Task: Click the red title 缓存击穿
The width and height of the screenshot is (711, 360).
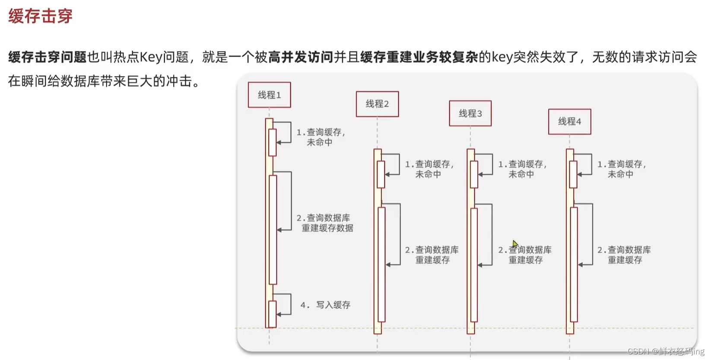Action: point(40,16)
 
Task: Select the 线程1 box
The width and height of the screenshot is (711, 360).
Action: point(269,95)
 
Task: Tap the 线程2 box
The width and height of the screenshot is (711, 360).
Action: point(377,104)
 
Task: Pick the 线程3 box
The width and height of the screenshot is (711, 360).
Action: point(470,114)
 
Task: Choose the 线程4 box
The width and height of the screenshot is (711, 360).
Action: point(569,122)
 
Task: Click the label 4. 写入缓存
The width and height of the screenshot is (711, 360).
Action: point(325,305)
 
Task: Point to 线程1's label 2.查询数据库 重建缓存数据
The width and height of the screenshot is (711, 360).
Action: point(325,223)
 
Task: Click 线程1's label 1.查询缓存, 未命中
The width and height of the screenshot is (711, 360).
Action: point(321,137)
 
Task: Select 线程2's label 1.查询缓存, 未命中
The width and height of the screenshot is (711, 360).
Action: point(429,169)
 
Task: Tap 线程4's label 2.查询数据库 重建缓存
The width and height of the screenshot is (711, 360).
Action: point(624,255)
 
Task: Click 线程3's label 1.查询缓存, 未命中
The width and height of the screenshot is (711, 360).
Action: point(522,169)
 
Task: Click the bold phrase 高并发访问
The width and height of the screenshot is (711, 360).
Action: point(301,57)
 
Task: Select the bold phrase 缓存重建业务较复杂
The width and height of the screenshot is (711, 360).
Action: point(419,57)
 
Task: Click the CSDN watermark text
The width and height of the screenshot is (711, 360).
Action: point(665,351)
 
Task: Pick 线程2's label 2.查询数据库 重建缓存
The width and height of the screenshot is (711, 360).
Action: point(432,255)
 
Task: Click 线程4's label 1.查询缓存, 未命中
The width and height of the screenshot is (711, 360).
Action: point(622,169)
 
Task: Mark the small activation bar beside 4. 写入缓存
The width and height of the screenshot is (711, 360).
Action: point(273,314)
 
